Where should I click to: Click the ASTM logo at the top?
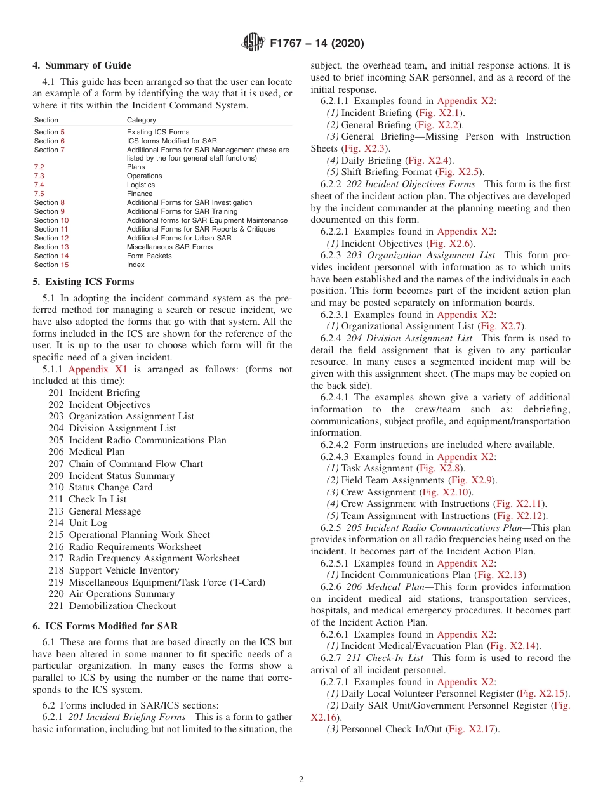(x=253, y=43)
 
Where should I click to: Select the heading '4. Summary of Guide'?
(x=82, y=65)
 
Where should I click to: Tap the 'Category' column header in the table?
(x=141, y=120)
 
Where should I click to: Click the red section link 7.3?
(x=39, y=176)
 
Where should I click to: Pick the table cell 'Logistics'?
(x=140, y=185)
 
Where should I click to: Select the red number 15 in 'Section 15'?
(x=65, y=265)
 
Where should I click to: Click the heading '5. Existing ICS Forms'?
(x=83, y=282)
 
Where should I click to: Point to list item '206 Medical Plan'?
(x=86, y=452)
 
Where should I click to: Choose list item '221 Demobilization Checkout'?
(x=112, y=606)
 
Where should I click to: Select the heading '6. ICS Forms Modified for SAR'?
(x=105, y=626)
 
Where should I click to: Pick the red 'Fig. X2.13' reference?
(x=501, y=575)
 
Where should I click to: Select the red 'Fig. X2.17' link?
(x=473, y=729)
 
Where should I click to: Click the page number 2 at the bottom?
(x=301, y=780)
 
